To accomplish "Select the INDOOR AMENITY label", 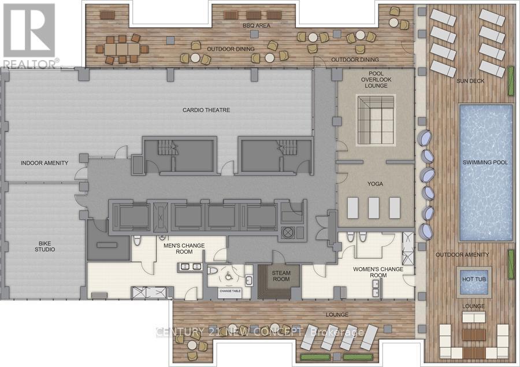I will [44, 163].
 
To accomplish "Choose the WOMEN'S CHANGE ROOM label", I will [378, 272].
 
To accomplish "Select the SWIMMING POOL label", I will [485, 162].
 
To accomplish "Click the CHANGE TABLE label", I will [229, 290].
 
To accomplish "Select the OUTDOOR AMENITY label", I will [462, 254].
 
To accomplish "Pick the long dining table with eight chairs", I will [122, 49].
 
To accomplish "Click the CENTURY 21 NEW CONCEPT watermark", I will [260, 332].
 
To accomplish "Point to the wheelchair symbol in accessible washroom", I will [229, 277].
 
